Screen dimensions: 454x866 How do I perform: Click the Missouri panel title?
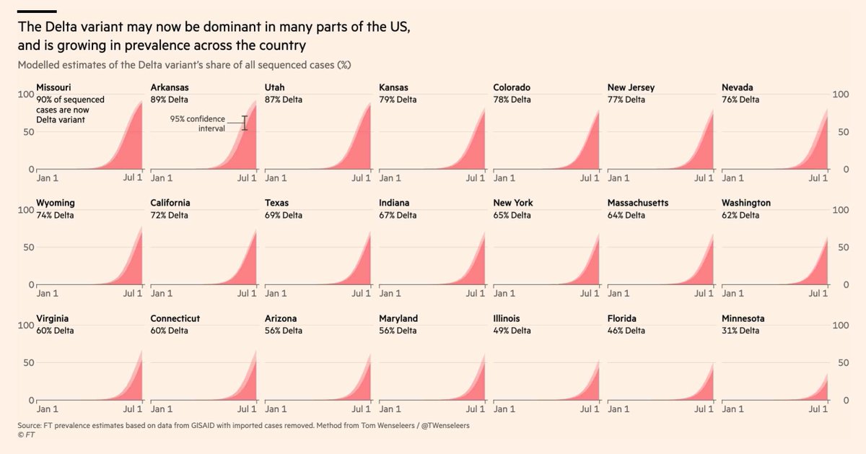coord(53,88)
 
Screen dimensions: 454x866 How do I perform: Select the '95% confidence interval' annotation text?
coord(198,123)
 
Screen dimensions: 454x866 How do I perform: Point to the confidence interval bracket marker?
coord(245,123)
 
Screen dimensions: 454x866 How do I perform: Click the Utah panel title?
coord(275,88)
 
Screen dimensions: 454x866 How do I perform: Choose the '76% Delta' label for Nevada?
coord(740,100)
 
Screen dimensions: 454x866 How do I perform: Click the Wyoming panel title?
coord(56,204)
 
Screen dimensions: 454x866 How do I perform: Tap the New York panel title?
coord(513,204)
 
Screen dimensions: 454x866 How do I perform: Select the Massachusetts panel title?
coord(638,204)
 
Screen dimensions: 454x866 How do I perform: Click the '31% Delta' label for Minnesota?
coord(740,331)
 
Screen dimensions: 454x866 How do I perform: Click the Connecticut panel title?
coord(175,319)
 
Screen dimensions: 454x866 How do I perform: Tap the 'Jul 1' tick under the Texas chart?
coord(361,294)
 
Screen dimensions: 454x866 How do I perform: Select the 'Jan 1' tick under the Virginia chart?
coord(48,409)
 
